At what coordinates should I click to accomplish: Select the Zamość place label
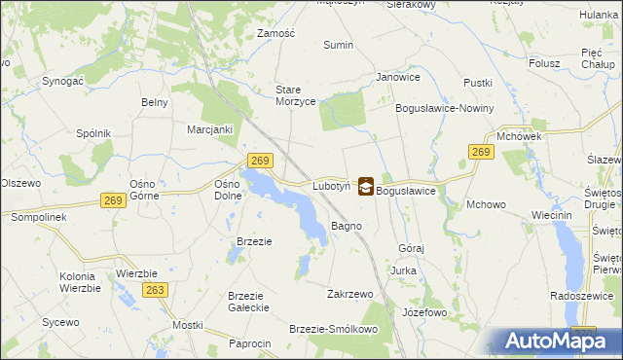click(x=275, y=32)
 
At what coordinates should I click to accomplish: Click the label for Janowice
click(x=397, y=77)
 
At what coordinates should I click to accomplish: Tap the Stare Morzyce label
click(x=296, y=95)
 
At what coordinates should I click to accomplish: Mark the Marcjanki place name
click(x=209, y=128)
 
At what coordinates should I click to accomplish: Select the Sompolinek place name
click(x=38, y=217)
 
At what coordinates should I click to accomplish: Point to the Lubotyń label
click(x=331, y=185)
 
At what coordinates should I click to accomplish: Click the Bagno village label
click(x=347, y=226)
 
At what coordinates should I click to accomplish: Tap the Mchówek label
click(x=518, y=137)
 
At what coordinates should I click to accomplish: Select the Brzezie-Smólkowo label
click(x=333, y=329)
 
